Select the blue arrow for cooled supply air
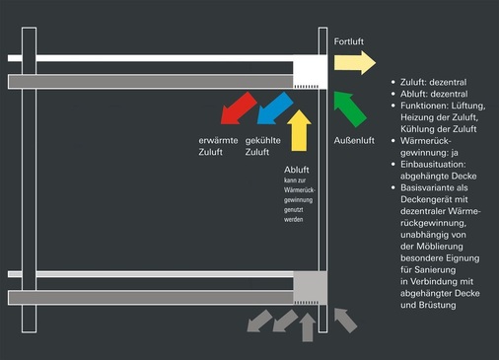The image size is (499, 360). point(273,107)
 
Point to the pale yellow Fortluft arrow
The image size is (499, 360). point(353,63)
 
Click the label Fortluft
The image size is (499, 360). point(351,43)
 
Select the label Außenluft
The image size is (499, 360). point(353,140)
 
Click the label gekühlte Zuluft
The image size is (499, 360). point(263,146)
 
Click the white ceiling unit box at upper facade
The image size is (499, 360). point(309,70)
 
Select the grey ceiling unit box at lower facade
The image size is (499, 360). point(309,288)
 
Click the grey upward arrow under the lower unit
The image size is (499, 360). point(308,325)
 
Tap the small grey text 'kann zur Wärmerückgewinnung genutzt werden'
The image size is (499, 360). point(302,200)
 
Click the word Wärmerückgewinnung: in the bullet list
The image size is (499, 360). point(427,140)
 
